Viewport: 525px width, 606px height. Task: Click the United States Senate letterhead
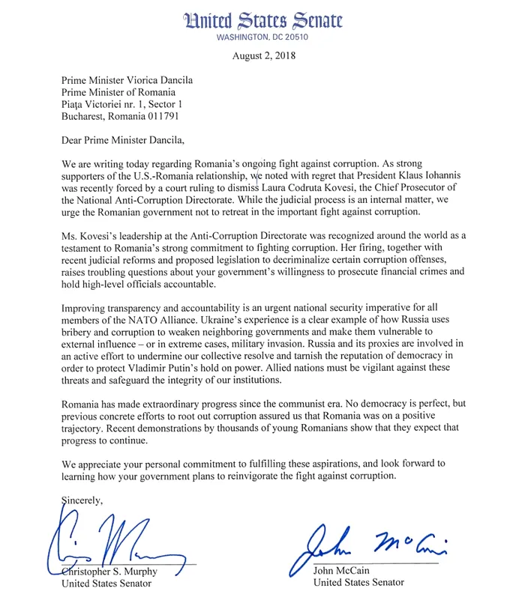pyautogui.click(x=262, y=21)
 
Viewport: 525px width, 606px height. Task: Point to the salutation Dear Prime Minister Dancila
pyautogui.click(x=126, y=139)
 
